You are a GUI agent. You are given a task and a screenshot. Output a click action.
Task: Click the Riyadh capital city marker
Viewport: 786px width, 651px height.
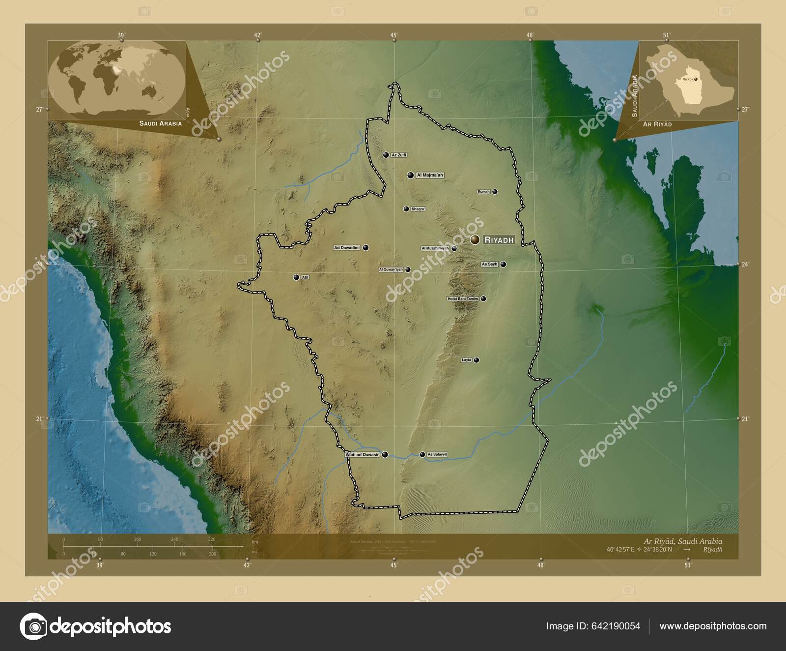[x=475, y=239]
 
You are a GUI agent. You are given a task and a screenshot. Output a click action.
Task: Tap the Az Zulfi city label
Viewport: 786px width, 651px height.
[x=399, y=155]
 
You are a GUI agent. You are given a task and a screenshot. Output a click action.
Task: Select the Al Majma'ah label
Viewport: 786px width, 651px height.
[x=430, y=175]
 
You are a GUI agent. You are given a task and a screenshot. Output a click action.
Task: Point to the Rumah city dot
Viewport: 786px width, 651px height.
[x=495, y=192]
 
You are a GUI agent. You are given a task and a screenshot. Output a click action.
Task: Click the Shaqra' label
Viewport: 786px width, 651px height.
[x=418, y=209]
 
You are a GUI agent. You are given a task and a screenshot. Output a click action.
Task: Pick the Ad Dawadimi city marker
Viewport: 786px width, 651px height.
[x=366, y=248]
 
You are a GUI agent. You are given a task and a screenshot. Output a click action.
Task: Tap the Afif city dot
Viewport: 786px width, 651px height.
[x=296, y=277]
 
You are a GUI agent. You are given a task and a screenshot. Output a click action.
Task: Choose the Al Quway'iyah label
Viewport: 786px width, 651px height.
[x=391, y=269]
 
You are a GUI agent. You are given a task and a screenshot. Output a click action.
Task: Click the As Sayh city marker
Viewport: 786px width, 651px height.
[x=503, y=264]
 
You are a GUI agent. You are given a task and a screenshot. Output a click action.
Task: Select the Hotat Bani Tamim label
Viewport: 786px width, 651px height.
[x=462, y=298]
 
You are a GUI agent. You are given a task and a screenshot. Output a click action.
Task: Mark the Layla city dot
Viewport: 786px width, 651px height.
[x=477, y=360]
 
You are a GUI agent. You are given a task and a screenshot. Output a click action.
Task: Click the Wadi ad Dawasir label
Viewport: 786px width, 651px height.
[x=363, y=455]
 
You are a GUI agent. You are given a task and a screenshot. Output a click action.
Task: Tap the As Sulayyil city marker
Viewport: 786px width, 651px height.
[x=422, y=454]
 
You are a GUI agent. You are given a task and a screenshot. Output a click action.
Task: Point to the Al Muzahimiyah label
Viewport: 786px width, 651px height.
[x=435, y=248]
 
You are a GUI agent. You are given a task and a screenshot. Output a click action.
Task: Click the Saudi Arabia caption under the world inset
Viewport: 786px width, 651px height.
[x=160, y=123]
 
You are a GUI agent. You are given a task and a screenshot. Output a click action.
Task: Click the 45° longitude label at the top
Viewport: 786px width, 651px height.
[x=393, y=35]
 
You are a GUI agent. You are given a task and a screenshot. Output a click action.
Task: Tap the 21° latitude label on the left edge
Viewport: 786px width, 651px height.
[x=39, y=419]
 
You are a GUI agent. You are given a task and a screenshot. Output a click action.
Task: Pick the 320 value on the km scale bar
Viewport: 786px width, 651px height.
[x=212, y=539]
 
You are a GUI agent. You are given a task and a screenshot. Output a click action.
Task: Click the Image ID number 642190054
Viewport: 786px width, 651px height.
[x=617, y=626]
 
